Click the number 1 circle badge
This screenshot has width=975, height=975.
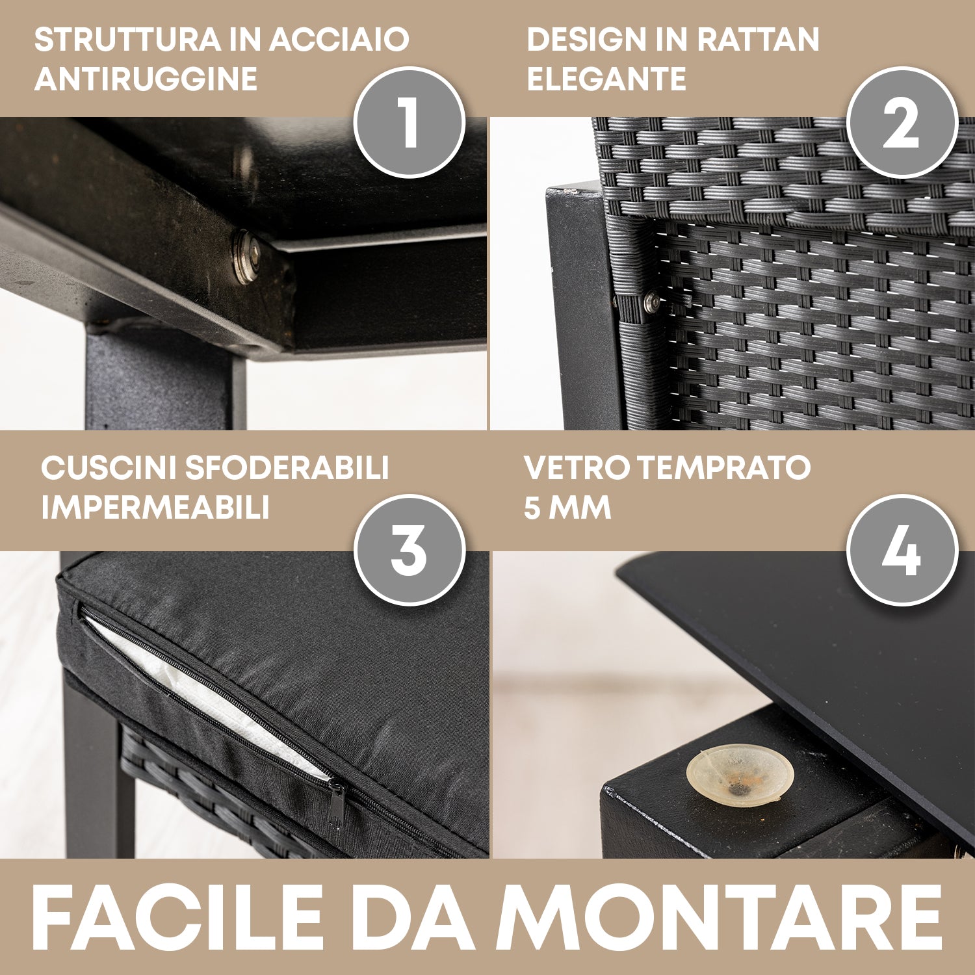point(409,122)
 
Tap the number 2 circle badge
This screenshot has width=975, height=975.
point(902,122)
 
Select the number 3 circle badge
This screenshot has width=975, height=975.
point(409,550)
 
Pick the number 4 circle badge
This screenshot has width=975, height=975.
point(902,550)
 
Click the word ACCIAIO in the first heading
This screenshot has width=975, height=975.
point(339,40)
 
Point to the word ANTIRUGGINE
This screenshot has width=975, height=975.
point(146,79)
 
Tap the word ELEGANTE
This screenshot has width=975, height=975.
point(606,79)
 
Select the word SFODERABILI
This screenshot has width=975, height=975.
point(287,468)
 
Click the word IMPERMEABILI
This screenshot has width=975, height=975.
point(155,508)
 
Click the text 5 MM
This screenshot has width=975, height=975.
point(567,508)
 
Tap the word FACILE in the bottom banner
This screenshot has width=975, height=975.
point(177,918)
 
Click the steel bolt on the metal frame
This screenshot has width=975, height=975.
point(246,256)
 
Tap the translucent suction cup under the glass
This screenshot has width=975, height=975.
point(740,775)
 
